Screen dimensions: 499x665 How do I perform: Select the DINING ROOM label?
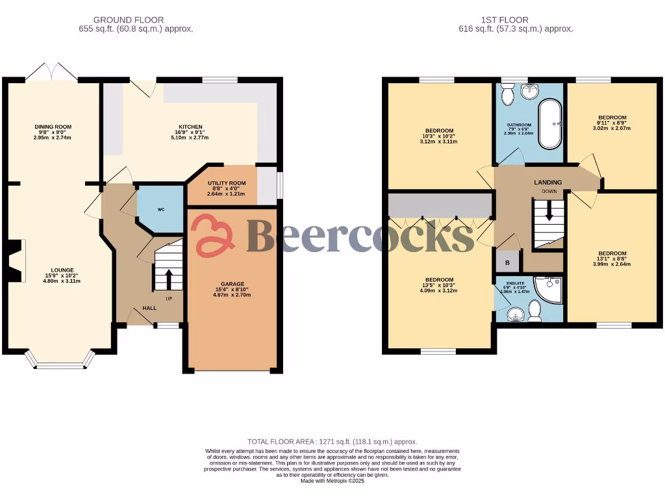point(53,127)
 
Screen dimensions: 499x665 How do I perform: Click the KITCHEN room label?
point(191,127)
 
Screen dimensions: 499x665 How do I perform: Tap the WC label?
point(161,210)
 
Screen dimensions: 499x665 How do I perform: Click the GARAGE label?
point(232,284)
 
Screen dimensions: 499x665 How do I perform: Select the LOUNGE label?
point(63,270)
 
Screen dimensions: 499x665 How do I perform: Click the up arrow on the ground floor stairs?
point(169,279)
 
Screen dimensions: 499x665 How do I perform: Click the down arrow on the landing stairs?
point(549,211)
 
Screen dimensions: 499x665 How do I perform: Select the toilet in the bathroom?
point(508,96)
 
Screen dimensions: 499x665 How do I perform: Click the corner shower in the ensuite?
point(548,289)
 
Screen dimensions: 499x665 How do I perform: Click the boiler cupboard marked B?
point(507,263)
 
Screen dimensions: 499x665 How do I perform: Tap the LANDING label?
point(549,182)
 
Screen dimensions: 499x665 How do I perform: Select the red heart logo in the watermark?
point(215,235)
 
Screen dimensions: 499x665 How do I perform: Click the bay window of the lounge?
point(60,361)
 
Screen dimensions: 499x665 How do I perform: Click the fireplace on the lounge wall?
point(16,261)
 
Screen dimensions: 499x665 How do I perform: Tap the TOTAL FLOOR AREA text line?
point(332,441)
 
